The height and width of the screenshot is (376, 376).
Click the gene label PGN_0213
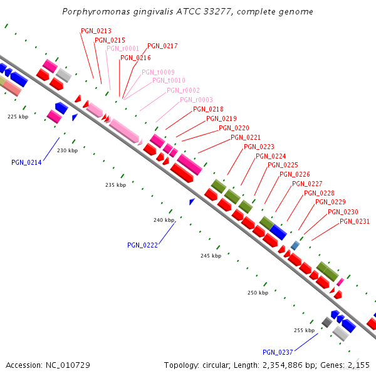click(x=96, y=31)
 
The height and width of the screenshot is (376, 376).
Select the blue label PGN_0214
click(x=26, y=162)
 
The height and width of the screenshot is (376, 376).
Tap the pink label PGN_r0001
click(x=123, y=48)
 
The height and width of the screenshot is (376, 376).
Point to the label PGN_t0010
click(x=169, y=80)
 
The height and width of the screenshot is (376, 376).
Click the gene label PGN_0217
click(x=162, y=46)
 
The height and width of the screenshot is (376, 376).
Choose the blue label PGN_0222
click(x=142, y=245)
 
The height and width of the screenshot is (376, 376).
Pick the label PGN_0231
click(x=355, y=221)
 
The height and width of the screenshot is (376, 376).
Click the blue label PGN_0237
click(x=278, y=352)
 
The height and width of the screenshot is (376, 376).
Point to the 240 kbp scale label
click(x=164, y=220)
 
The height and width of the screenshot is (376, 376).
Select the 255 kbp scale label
click(x=304, y=330)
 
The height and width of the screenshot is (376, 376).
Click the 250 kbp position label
click(x=258, y=293)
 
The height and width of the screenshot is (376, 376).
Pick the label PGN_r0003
click(x=196, y=100)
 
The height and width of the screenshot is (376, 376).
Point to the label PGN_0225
click(x=283, y=165)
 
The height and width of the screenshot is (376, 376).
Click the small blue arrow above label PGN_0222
click(x=192, y=201)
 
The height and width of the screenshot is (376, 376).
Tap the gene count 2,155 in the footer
click(x=358, y=365)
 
